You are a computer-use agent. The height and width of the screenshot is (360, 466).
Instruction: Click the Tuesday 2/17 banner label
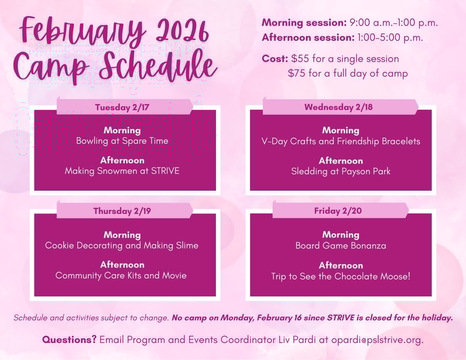tap(122, 107)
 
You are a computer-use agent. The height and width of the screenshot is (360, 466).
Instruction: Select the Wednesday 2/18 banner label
tap(338, 107)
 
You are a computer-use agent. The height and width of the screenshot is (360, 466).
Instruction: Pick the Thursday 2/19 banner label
tap(122, 211)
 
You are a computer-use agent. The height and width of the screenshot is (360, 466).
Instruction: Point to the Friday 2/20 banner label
tap(338, 211)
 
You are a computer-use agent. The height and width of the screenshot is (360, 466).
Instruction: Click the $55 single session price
tap(300, 59)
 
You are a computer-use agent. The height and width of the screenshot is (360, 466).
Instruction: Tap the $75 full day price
tap(297, 74)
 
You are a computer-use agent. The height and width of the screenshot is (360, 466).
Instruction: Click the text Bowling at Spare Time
tap(122, 141)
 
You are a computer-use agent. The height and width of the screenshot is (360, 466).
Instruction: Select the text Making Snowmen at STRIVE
tap(122, 171)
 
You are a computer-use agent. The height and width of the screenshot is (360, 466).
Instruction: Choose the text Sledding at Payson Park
tap(341, 171)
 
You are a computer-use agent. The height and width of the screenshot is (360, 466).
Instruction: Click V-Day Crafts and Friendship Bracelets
tap(341, 141)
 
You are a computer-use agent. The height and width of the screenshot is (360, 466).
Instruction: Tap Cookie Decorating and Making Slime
tap(122, 246)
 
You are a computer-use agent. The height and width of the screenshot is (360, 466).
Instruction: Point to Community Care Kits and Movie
tap(121, 276)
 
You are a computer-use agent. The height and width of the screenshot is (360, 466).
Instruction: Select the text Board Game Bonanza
tap(341, 246)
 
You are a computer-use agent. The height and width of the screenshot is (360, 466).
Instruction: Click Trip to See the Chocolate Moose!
tap(341, 276)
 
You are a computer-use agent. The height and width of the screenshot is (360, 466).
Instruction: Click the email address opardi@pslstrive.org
tap(377, 340)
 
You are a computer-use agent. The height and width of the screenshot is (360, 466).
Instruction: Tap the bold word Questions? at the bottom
tap(69, 340)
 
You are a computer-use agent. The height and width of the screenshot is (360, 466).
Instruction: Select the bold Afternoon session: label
tap(307, 37)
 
